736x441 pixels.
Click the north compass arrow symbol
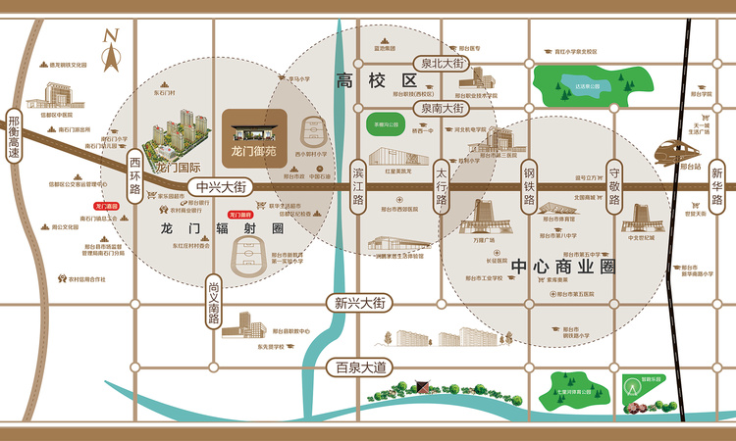coord(111,48)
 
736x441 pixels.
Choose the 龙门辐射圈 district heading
coord(221,227)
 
